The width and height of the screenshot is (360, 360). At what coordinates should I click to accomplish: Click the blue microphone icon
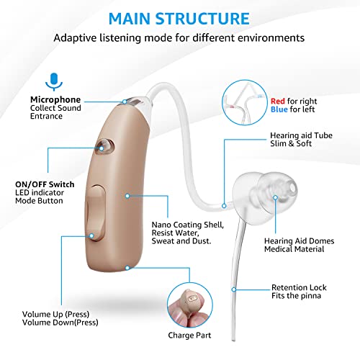tap(54, 81)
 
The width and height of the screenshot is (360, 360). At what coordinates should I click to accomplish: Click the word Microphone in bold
tap(55, 99)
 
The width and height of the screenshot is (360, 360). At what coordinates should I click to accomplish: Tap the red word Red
tap(278, 101)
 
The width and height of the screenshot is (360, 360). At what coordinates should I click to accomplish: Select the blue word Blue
tap(279, 109)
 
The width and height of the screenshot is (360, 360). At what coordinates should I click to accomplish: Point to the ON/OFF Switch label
tap(45, 184)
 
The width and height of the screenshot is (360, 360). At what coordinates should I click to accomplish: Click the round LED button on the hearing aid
tap(104, 146)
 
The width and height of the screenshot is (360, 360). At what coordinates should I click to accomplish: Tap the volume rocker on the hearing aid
tap(95, 212)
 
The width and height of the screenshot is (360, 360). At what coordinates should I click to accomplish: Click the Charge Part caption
tap(189, 336)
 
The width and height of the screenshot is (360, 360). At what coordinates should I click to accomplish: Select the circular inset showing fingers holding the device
tap(190, 305)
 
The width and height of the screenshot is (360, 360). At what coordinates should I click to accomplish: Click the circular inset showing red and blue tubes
tap(244, 102)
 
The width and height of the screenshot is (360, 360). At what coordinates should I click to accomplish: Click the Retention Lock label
tap(299, 287)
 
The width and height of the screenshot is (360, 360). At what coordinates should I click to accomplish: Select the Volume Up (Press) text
tap(55, 314)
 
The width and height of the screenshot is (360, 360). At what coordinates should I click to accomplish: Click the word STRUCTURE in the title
tap(202, 19)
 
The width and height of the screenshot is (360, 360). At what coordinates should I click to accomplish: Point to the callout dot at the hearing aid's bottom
tap(127, 268)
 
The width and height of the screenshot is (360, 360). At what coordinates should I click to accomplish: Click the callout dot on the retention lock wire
tap(234, 289)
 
